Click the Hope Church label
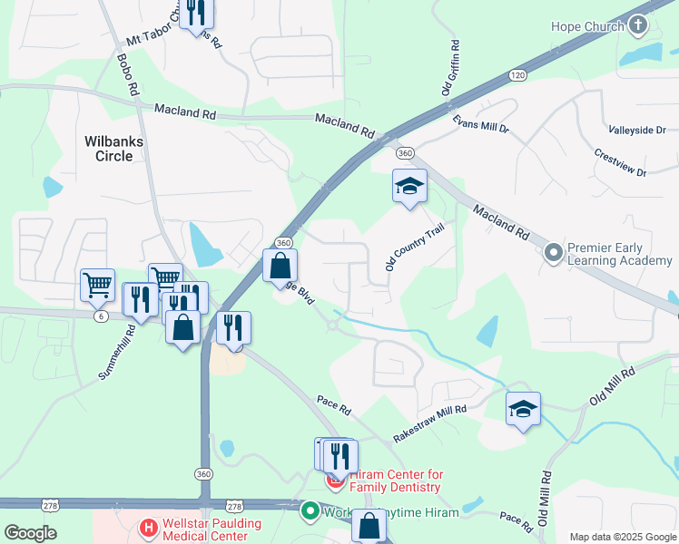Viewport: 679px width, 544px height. pyautogui.click(x=587, y=26)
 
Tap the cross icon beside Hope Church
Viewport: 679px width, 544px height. pyautogui.click(x=638, y=25)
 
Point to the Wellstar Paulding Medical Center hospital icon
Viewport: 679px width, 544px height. pyautogui.click(x=148, y=526)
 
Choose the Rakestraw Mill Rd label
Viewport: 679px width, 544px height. pyautogui.click(x=429, y=423)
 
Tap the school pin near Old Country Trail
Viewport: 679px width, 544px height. pyautogui.click(x=409, y=187)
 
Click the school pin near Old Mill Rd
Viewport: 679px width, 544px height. pyautogui.click(x=523, y=410)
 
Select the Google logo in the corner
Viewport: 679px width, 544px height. pyautogui.click(x=30, y=533)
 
